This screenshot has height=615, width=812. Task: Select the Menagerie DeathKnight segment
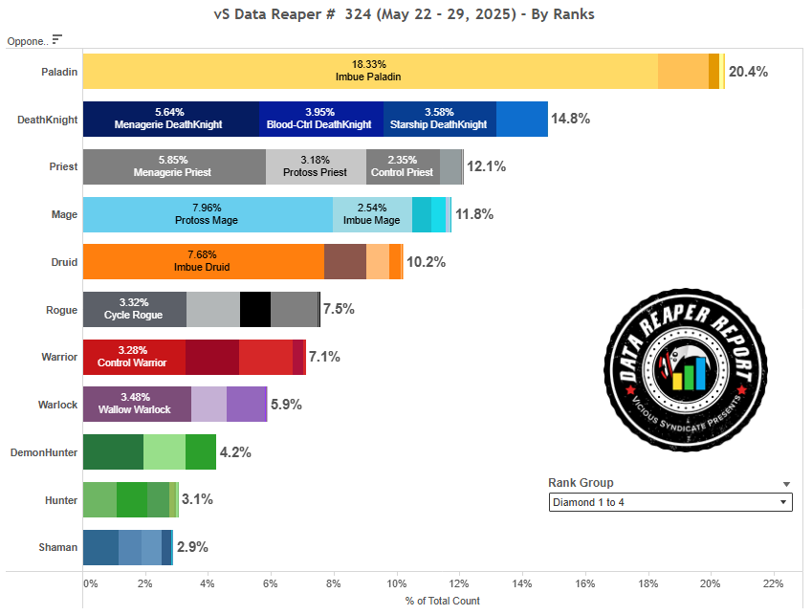[170, 119]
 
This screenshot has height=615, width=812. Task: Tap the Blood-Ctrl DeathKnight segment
[320, 119]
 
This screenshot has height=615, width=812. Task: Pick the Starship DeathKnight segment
[439, 119]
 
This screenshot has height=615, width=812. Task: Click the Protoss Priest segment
[316, 166]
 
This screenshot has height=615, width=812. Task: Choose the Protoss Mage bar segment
[208, 214]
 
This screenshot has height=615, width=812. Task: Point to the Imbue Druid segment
[203, 261]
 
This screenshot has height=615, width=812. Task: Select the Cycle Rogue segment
[134, 309]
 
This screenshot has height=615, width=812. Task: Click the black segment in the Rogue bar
[254, 309]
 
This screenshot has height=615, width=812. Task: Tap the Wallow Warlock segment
[137, 404]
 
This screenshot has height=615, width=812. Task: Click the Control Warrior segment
[134, 357]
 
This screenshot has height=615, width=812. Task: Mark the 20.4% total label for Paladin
[748, 72]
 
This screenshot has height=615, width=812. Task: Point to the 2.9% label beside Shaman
[192, 547]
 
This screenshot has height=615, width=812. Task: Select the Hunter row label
[61, 499]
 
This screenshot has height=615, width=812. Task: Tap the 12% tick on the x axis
[460, 583]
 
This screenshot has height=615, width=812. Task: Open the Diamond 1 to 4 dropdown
[670, 502]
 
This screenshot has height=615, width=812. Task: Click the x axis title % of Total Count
[443, 601]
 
